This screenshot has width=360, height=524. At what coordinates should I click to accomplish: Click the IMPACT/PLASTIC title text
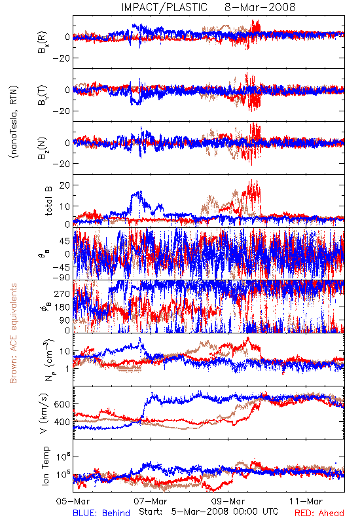(x=164, y=7)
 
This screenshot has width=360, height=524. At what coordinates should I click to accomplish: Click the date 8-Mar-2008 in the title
(x=260, y=7)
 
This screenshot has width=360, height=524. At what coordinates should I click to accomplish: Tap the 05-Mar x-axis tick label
(x=73, y=501)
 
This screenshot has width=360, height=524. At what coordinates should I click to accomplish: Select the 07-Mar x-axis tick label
(x=151, y=501)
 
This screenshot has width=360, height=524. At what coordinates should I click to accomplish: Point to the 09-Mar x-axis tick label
(x=228, y=501)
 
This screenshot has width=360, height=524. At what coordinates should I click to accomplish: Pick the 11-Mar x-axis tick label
(x=306, y=501)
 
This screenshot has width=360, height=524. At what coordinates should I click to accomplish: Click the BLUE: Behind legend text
(x=101, y=513)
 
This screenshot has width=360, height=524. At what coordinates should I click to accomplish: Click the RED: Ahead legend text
(x=319, y=513)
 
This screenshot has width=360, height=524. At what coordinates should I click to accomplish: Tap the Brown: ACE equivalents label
(x=13, y=333)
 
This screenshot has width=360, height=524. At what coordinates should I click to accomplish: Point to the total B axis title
(x=48, y=201)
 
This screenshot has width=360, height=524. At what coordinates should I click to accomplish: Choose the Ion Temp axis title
(x=45, y=466)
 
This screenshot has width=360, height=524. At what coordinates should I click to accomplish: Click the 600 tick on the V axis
(x=62, y=404)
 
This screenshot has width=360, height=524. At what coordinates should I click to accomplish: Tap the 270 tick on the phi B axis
(x=62, y=293)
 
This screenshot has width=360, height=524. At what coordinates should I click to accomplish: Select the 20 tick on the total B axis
(x=64, y=185)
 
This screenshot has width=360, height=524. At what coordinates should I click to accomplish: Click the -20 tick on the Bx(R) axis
(x=60, y=58)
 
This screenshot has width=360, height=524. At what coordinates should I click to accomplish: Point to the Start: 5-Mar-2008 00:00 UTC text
(x=209, y=512)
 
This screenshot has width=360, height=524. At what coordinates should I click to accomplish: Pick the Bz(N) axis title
(x=43, y=148)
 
